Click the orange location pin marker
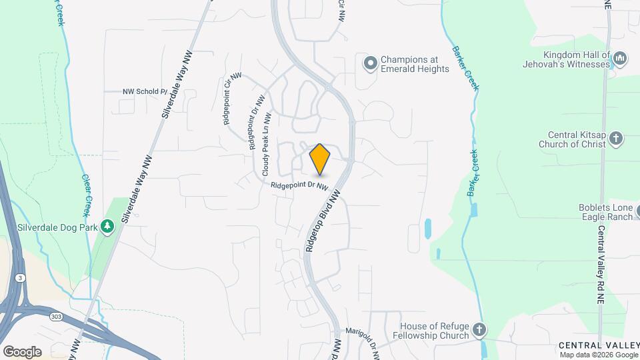click(x=320, y=159)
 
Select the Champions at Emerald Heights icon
click(x=370, y=63)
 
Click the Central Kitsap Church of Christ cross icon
click(x=615, y=139)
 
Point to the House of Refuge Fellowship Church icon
click(x=479, y=330)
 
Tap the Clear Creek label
click(x=86, y=195)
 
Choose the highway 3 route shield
click(x=21, y=277)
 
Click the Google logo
click(x=22, y=351)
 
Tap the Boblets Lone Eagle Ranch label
click(x=605, y=212)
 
